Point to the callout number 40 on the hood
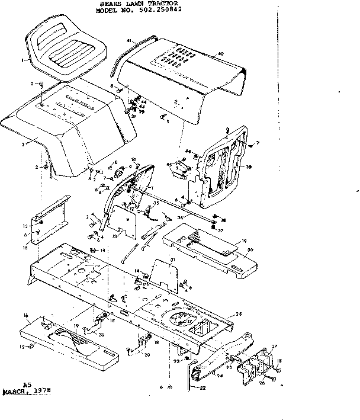(x=220, y=54)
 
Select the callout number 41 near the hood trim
(x=128, y=40)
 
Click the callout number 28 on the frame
(x=239, y=314)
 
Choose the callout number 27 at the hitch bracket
(x=274, y=346)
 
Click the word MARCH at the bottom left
(x=17, y=392)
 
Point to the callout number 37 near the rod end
(x=220, y=230)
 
